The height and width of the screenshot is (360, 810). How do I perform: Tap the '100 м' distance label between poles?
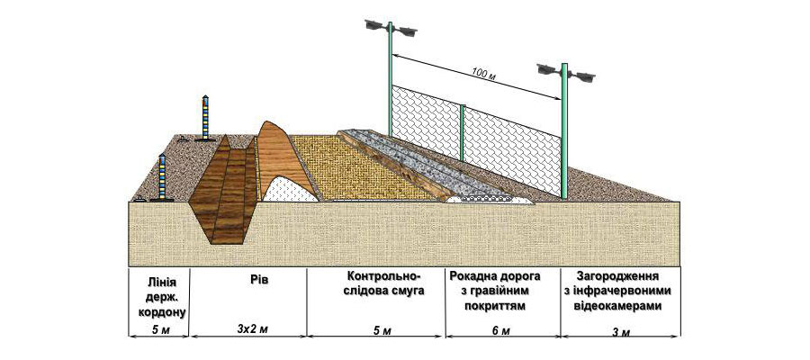click(x=484, y=76)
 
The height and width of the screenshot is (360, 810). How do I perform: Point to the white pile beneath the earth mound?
click(x=292, y=189)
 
